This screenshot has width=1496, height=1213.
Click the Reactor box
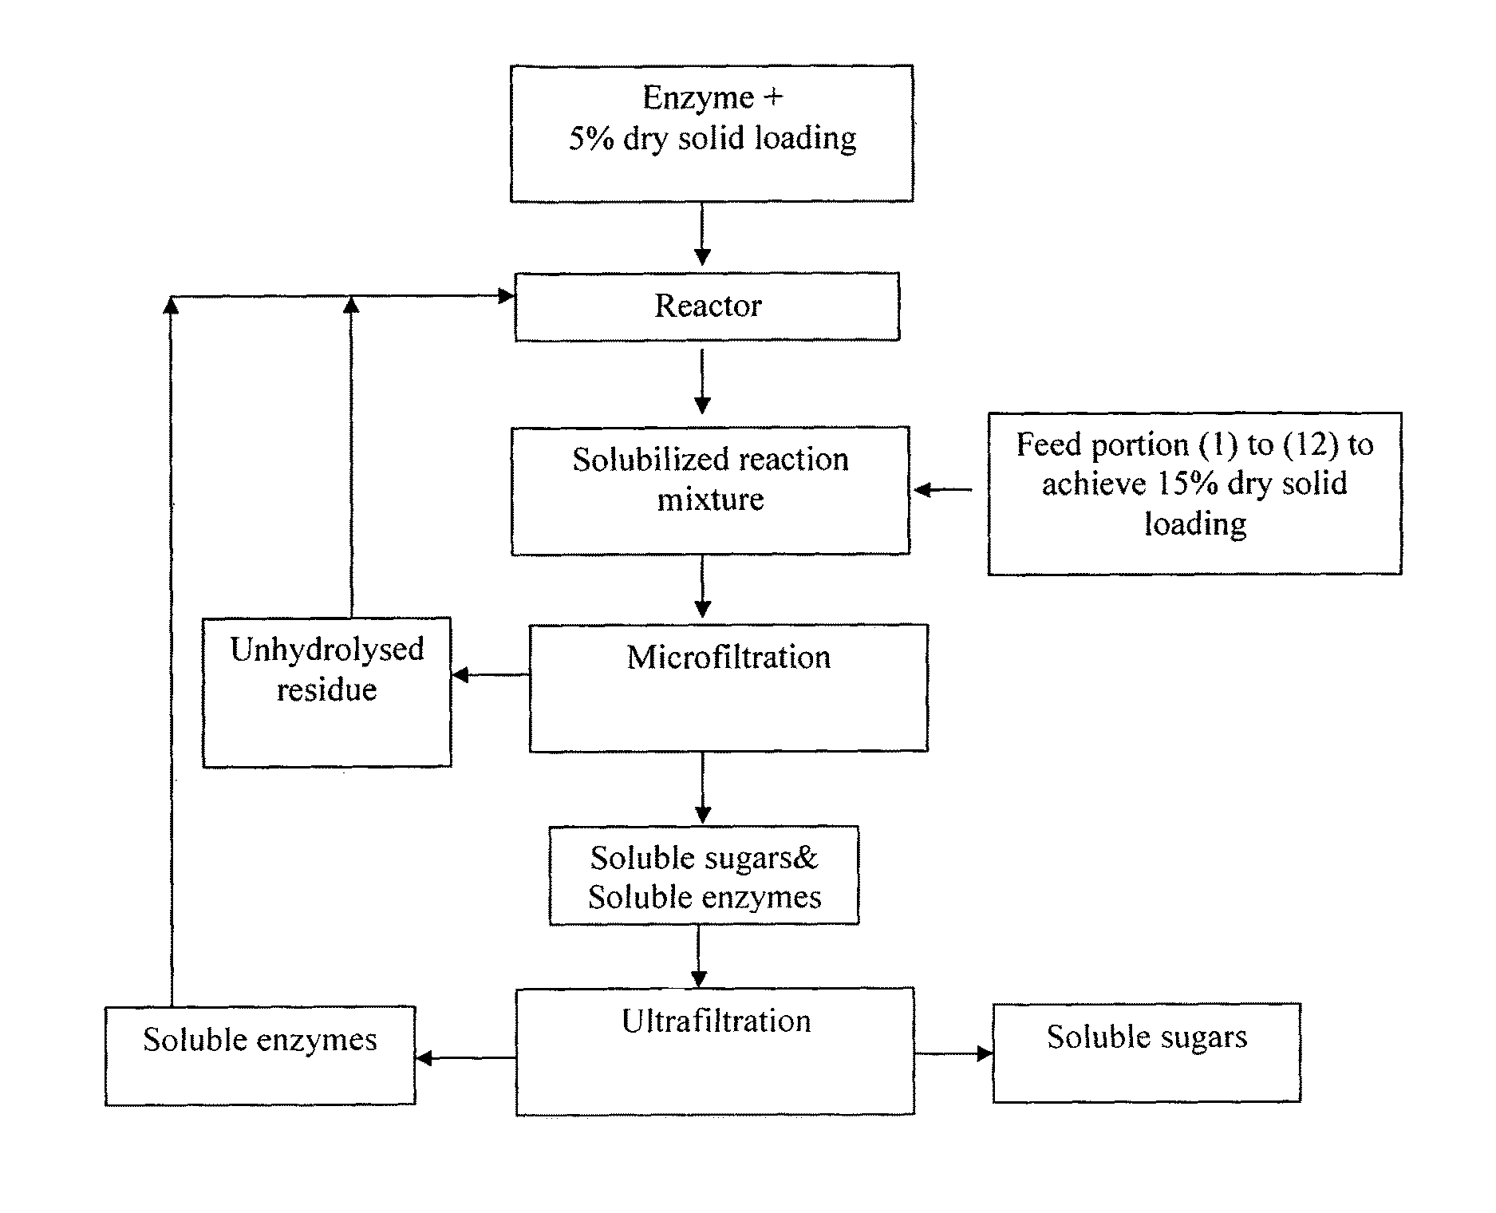pyautogui.click(x=707, y=307)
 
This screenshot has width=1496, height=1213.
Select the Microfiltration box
pyautogui.click(x=728, y=688)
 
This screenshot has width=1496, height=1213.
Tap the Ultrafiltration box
pyautogui.click(x=715, y=1052)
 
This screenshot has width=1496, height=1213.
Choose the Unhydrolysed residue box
pyautogui.click(x=327, y=692)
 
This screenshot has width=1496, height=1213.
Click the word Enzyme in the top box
pyautogui.click(x=698, y=98)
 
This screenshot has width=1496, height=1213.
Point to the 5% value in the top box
pyautogui.click(x=591, y=139)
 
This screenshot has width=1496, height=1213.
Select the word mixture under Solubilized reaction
pyautogui.click(x=710, y=500)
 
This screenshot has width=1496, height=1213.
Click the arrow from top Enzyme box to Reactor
pyautogui.click(x=702, y=233)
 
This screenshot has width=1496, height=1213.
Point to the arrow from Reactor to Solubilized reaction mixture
pyautogui.click(x=702, y=381)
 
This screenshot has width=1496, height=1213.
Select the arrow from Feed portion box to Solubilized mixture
pyautogui.click(x=943, y=489)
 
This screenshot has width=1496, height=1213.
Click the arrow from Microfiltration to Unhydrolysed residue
pyautogui.click(x=491, y=675)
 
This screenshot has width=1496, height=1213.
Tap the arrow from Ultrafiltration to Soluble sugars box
pyautogui.click(x=953, y=1053)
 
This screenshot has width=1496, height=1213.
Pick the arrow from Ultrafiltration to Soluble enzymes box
pyautogui.click(x=466, y=1058)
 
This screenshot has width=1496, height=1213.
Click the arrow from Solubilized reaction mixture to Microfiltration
pyautogui.click(x=702, y=587)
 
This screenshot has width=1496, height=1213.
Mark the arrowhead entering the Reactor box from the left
pyautogui.click(x=506, y=296)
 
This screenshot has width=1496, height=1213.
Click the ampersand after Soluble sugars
pyautogui.click(x=807, y=859)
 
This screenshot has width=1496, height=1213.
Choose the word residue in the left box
pyautogui.click(x=326, y=690)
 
